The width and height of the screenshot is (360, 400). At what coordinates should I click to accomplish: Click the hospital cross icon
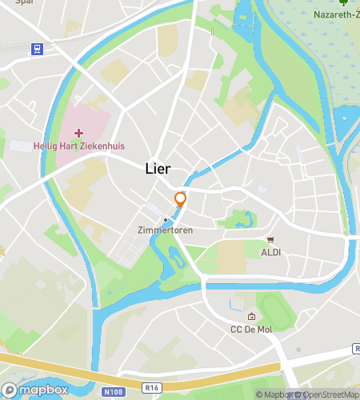pyautogui.click(x=78, y=132)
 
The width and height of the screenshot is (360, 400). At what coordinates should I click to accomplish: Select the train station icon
pyautogui.click(x=36, y=49)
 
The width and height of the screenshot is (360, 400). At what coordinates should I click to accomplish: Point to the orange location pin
pyautogui.click(x=181, y=199)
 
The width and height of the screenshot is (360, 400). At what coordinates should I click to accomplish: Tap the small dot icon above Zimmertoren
pyautogui.click(x=166, y=219)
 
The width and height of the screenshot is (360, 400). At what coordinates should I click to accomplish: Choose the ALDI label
pyautogui.click(x=270, y=253)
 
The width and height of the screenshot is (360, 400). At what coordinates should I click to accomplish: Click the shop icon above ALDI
pyautogui.click(x=270, y=240)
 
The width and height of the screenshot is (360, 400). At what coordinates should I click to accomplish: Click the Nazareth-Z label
pyautogui.click(x=336, y=15)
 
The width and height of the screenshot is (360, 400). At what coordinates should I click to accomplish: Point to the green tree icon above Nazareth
pyautogui.click(x=344, y=2)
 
